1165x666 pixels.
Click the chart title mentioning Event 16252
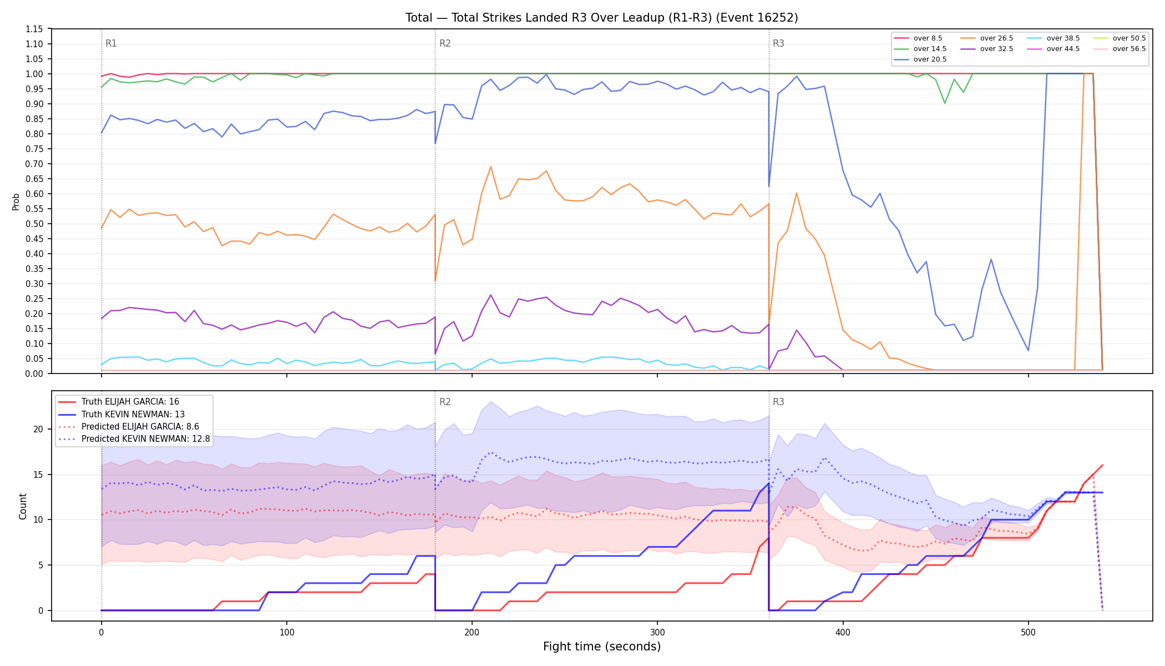[601, 18]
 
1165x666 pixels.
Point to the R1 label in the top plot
[111, 43]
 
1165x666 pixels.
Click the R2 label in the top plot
[445, 43]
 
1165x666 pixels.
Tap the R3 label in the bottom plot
[778, 402]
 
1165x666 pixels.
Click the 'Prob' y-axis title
[16, 201]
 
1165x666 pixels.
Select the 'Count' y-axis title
[23, 506]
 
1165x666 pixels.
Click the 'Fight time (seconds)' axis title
[602, 647]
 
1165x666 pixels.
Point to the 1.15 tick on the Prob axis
[34, 29]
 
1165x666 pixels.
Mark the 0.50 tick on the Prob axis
[34, 224]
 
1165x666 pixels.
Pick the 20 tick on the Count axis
[38, 429]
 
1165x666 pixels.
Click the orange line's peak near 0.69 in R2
[490, 167]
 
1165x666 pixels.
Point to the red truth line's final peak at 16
[1102, 465]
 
